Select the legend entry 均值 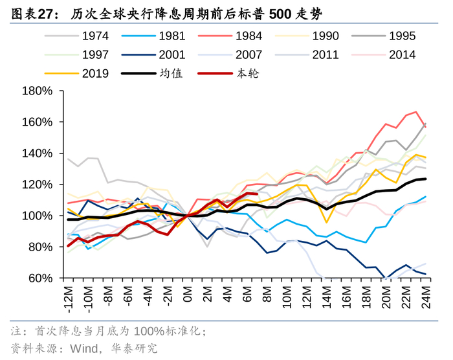click(171, 74)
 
